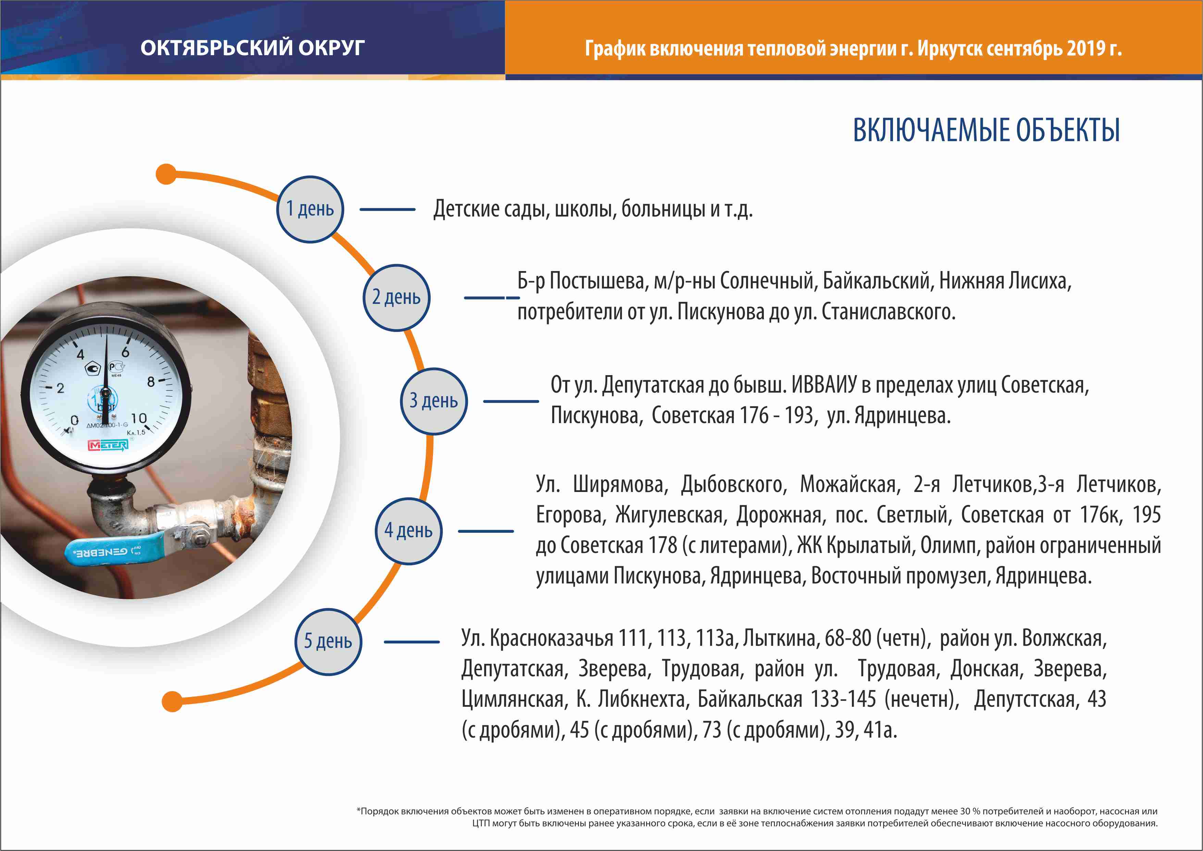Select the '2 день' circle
pyautogui.click(x=397, y=298)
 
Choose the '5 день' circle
pyautogui.click(x=328, y=641)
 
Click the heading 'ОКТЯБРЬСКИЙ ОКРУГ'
pyautogui.click(x=252, y=48)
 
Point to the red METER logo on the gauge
pyautogui.click(x=108, y=445)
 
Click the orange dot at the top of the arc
pyautogui.click(x=166, y=174)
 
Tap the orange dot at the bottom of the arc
pyautogui.click(x=172, y=701)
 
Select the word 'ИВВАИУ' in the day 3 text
pyautogui.click(x=824, y=385)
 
